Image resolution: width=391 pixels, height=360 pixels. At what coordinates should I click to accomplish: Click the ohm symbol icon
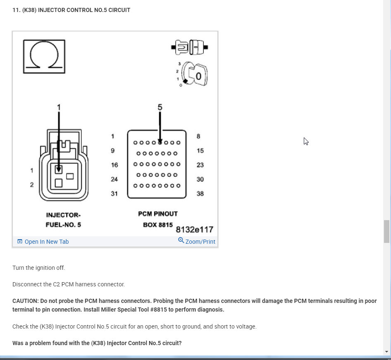point(44,56)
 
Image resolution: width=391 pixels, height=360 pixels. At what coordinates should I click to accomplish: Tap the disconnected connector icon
point(189,47)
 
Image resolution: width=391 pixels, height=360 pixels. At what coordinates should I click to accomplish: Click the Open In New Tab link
point(43,242)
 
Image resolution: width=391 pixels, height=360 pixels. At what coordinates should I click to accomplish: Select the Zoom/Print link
point(197,241)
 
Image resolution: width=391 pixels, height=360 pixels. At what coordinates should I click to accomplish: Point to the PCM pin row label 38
point(200,194)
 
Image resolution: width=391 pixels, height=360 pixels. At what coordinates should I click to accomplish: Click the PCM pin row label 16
point(114,165)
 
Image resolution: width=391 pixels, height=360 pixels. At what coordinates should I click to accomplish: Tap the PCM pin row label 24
point(114,179)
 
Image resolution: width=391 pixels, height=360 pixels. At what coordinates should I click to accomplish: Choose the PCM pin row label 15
point(200,151)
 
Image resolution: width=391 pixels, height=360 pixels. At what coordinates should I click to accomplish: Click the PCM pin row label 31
point(114,194)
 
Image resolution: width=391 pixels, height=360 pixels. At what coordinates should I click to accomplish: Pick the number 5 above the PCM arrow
point(160,107)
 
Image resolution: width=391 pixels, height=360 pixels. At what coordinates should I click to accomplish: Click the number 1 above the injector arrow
point(59,107)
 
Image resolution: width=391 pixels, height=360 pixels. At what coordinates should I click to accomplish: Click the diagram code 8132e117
point(194,230)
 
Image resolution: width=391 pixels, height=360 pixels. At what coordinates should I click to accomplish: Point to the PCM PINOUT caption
point(158,214)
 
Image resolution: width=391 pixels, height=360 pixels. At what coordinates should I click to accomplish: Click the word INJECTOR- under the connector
point(63,215)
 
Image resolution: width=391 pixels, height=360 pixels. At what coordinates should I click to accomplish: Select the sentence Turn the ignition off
point(39,268)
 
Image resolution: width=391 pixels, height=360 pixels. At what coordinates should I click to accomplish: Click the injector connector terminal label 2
point(32,185)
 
